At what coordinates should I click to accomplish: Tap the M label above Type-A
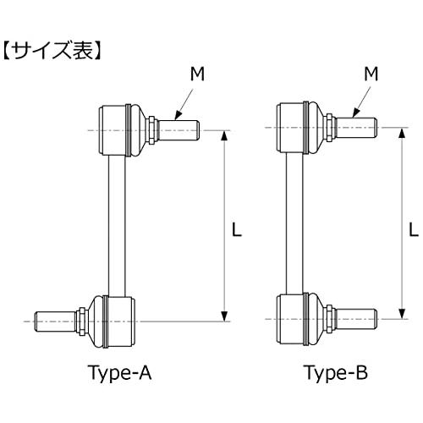(x=197, y=75)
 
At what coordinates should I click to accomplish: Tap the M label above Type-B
(x=371, y=75)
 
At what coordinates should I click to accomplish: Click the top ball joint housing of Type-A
(x=117, y=130)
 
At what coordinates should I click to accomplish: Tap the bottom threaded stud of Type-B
(x=357, y=319)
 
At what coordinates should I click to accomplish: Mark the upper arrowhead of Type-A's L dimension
(x=224, y=136)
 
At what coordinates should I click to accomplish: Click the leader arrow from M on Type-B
(x=359, y=103)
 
